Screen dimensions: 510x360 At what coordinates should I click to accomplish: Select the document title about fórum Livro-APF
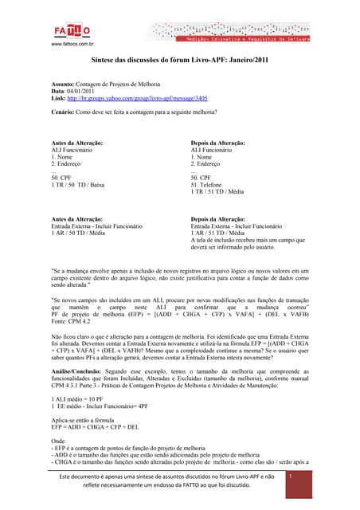point(180,61)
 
